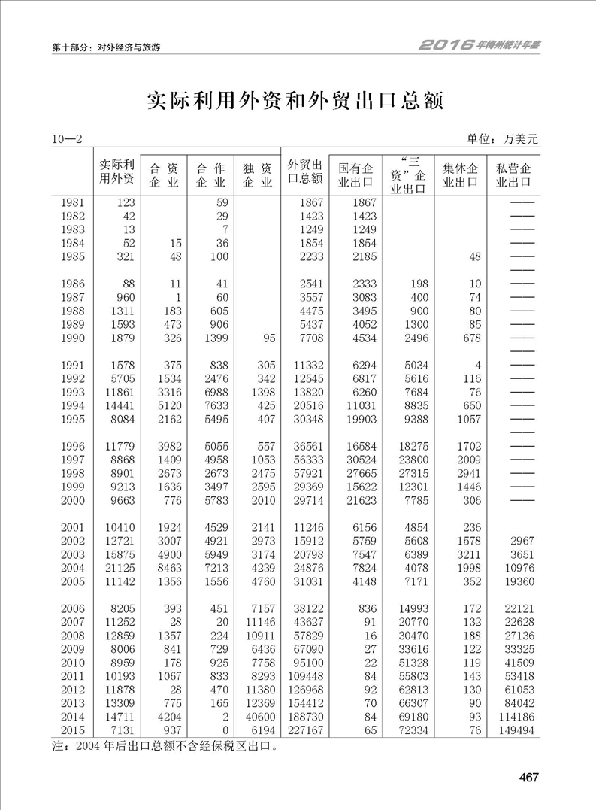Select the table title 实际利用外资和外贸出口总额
(295, 101)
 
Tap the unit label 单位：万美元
(503, 139)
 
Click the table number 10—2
(66, 139)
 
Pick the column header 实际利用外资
(117, 172)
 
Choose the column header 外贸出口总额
(305, 172)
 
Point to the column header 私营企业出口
(509, 174)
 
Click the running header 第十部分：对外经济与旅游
(106, 47)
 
